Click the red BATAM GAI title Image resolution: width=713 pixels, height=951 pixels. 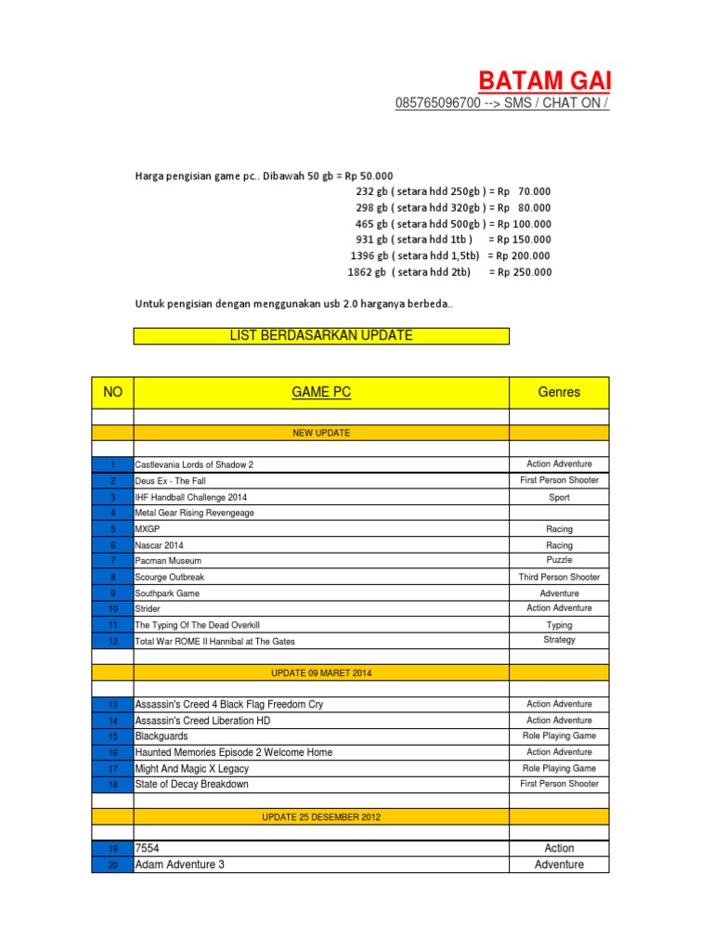pyautogui.click(x=544, y=80)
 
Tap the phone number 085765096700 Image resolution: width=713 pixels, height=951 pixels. pyautogui.click(x=438, y=103)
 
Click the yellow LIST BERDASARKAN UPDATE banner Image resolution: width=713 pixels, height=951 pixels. pyautogui.click(x=321, y=335)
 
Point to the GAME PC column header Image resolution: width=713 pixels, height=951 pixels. pyautogui.click(x=321, y=392)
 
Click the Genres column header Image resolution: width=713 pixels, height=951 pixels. pyautogui.click(x=559, y=392)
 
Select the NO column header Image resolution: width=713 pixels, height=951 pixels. pyautogui.click(x=112, y=392)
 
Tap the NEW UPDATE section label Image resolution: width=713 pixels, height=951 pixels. pyautogui.click(x=321, y=433)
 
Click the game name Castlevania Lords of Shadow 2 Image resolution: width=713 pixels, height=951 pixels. pyautogui.click(x=194, y=464)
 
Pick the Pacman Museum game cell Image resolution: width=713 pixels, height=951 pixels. pyautogui.click(x=168, y=561)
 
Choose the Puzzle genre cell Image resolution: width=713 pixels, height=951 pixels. pyautogui.click(x=559, y=560)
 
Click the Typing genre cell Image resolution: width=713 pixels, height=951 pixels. pyautogui.click(x=559, y=625)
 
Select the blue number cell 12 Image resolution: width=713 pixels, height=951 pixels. pyautogui.click(x=112, y=641)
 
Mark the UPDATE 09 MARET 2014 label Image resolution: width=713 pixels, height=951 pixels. pyautogui.click(x=321, y=671)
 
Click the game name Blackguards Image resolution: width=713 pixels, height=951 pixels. pyautogui.click(x=162, y=736)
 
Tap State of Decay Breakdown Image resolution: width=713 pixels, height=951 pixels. pyautogui.click(x=192, y=784)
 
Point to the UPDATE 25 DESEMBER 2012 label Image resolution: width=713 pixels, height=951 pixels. pyautogui.click(x=321, y=817)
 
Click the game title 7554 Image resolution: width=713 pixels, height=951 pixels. pyautogui.click(x=147, y=848)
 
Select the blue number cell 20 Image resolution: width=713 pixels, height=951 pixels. pyautogui.click(x=112, y=865)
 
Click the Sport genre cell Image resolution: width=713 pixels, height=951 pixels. pyautogui.click(x=559, y=497)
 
